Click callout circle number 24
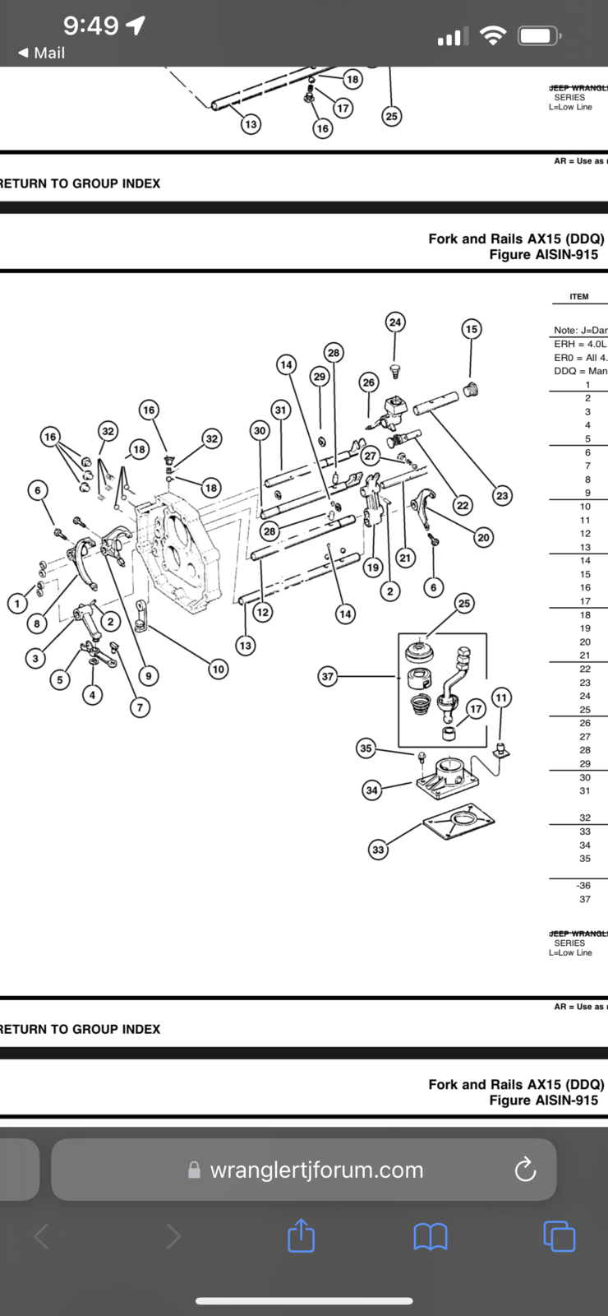tap(395, 322)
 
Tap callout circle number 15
tap(471, 329)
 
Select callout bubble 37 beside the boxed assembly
tap(328, 676)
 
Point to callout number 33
tap(378, 850)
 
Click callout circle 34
tap(372, 790)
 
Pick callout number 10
tap(218, 669)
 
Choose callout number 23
tap(502, 495)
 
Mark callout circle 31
tap(281, 410)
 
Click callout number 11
tap(501, 697)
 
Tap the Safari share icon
tap(302, 1235)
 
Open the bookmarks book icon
tap(431, 1235)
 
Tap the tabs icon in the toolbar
tap(560, 1235)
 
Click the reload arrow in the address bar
tap(525, 1170)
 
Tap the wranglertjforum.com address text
tap(316, 1170)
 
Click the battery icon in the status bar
tap(539, 35)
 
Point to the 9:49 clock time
tap(90, 25)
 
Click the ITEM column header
tap(579, 296)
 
